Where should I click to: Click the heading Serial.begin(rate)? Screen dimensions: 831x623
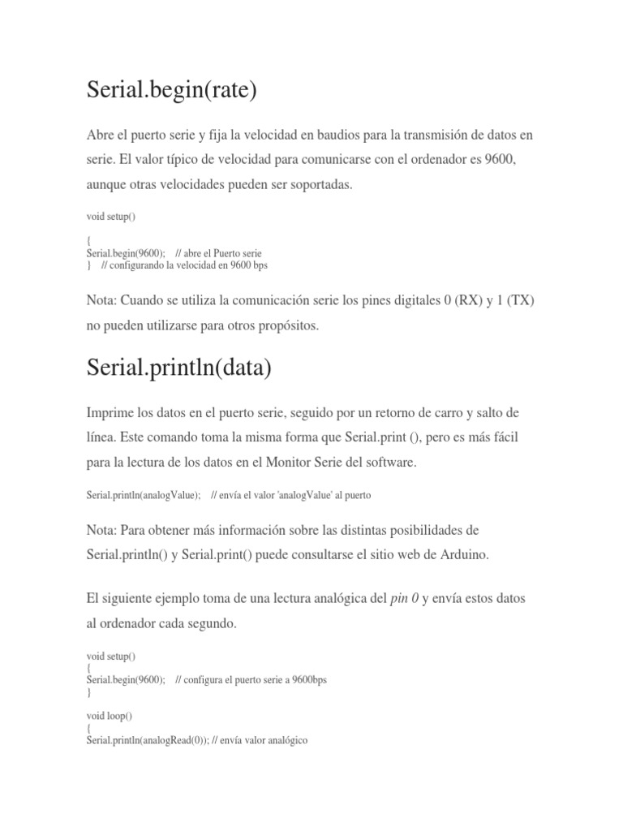[x=171, y=89]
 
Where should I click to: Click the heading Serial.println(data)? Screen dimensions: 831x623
[x=178, y=368]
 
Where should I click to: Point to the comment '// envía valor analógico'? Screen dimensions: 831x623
[x=259, y=740]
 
